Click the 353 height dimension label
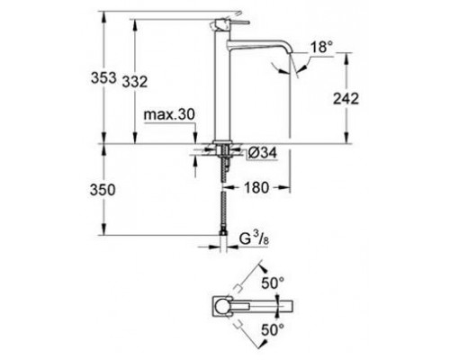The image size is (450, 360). click(x=105, y=79)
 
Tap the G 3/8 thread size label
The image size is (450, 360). click(x=254, y=240)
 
